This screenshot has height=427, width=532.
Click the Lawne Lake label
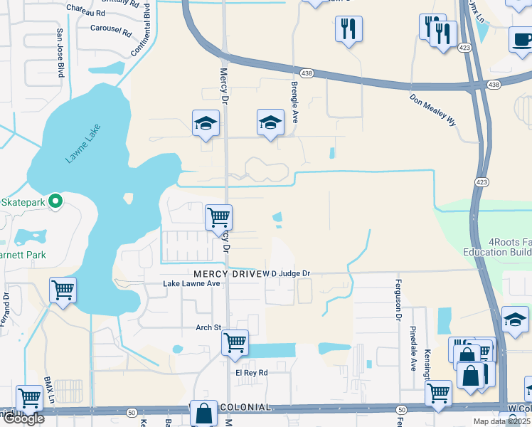click(84, 144)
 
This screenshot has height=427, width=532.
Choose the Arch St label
click(209, 328)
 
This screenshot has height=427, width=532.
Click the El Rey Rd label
click(252, 372)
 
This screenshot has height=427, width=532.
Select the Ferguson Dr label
click(399, 300)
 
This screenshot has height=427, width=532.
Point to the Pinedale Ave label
click(413, 349)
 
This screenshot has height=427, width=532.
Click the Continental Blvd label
click(141, 28)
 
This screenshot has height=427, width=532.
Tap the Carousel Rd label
click(112, 31)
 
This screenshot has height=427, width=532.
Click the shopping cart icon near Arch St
click(234, 342)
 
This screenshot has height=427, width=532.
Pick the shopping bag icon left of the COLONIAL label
click(204, 413)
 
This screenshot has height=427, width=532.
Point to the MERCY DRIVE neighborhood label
click(226, 274)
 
